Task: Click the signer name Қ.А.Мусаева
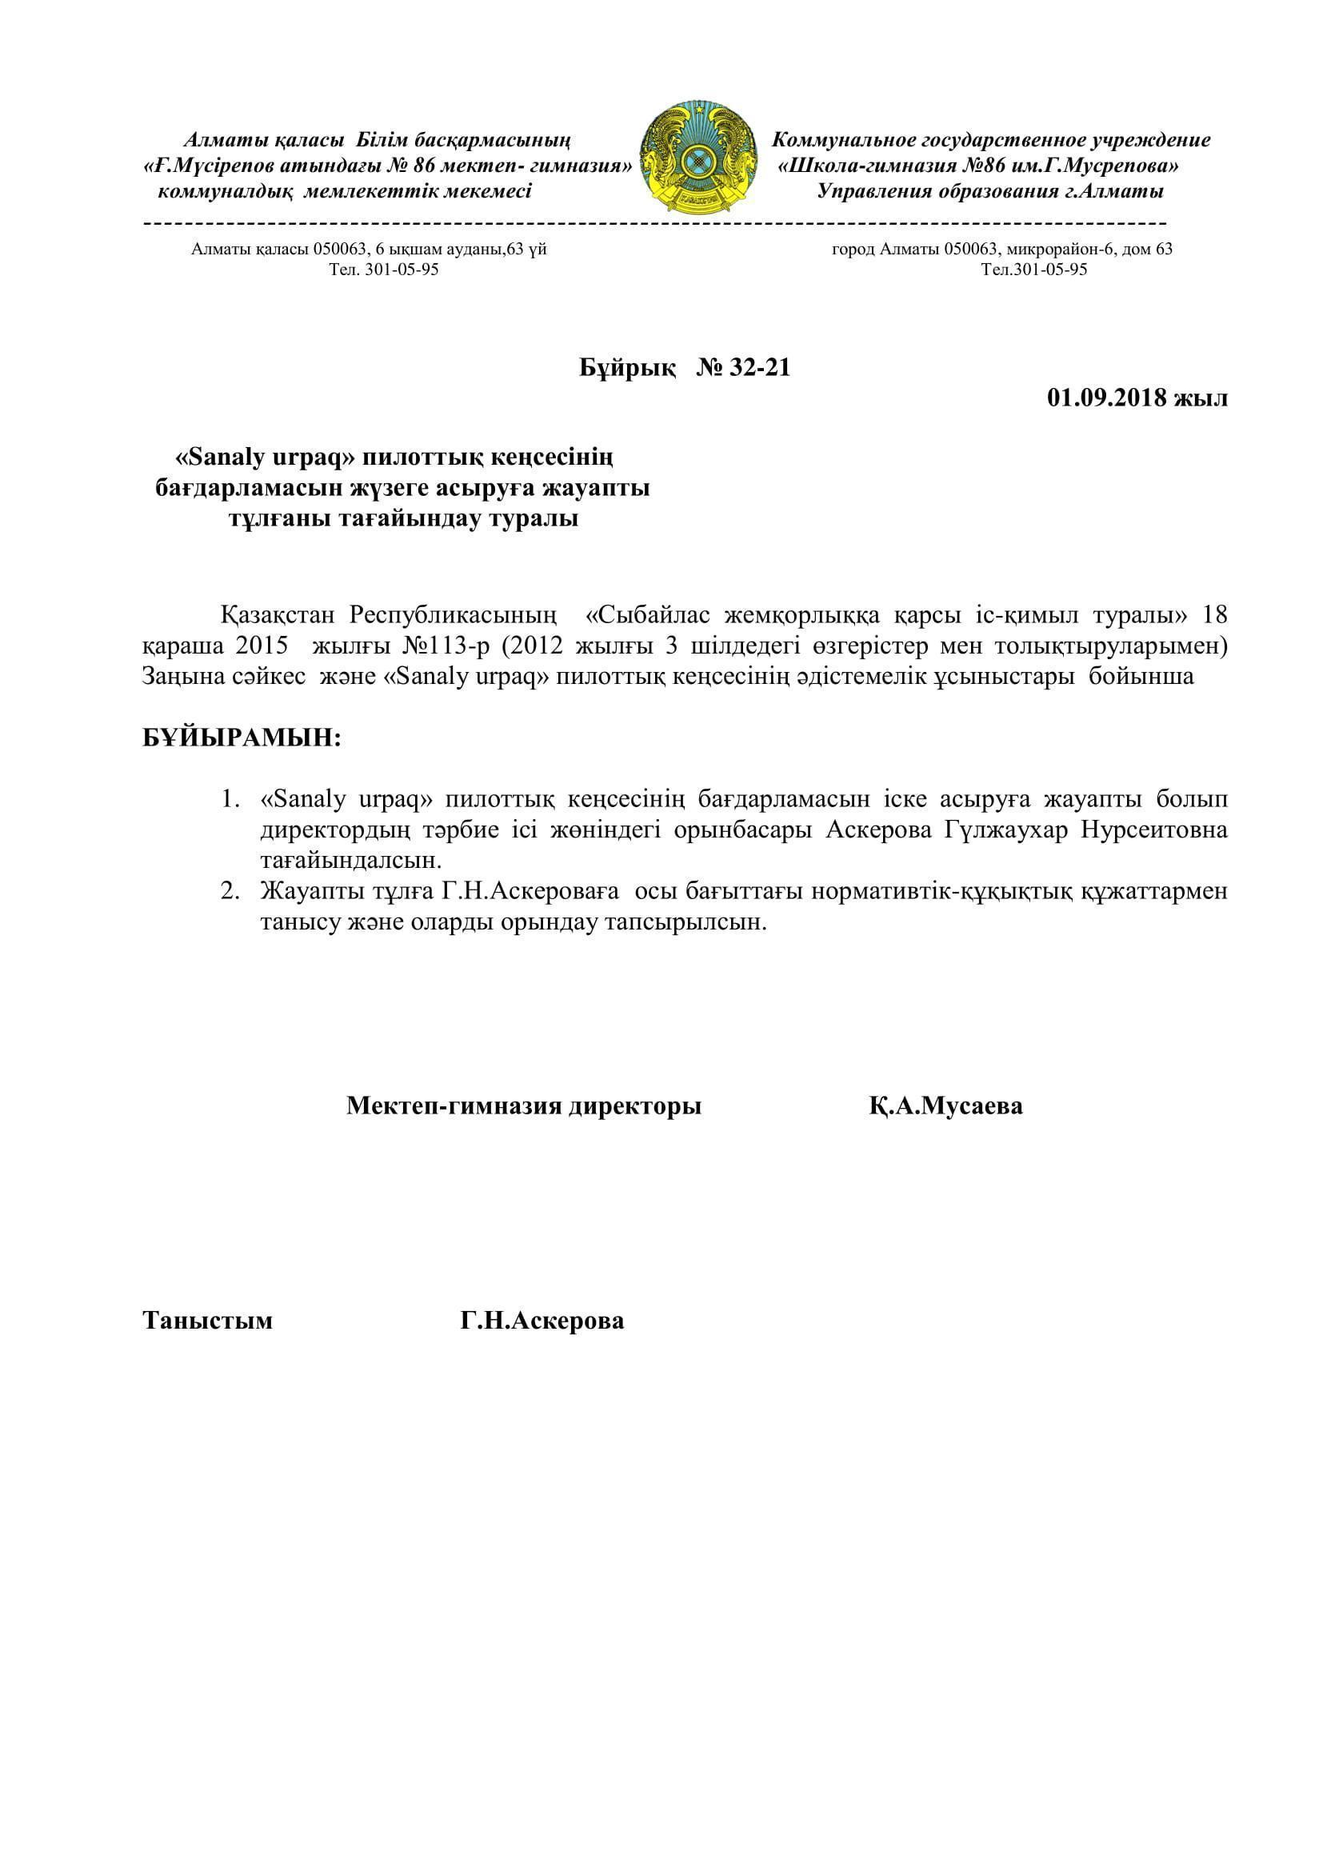945,1105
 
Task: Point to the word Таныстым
208,1320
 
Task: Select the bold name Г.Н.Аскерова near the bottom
542,1320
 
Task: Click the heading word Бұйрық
627,368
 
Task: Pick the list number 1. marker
230,798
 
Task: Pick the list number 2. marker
230,890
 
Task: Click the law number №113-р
445,646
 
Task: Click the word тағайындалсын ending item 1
351,861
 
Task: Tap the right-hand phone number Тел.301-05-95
1033,270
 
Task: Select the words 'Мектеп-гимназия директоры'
524,1105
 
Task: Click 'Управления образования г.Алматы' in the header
989,192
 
